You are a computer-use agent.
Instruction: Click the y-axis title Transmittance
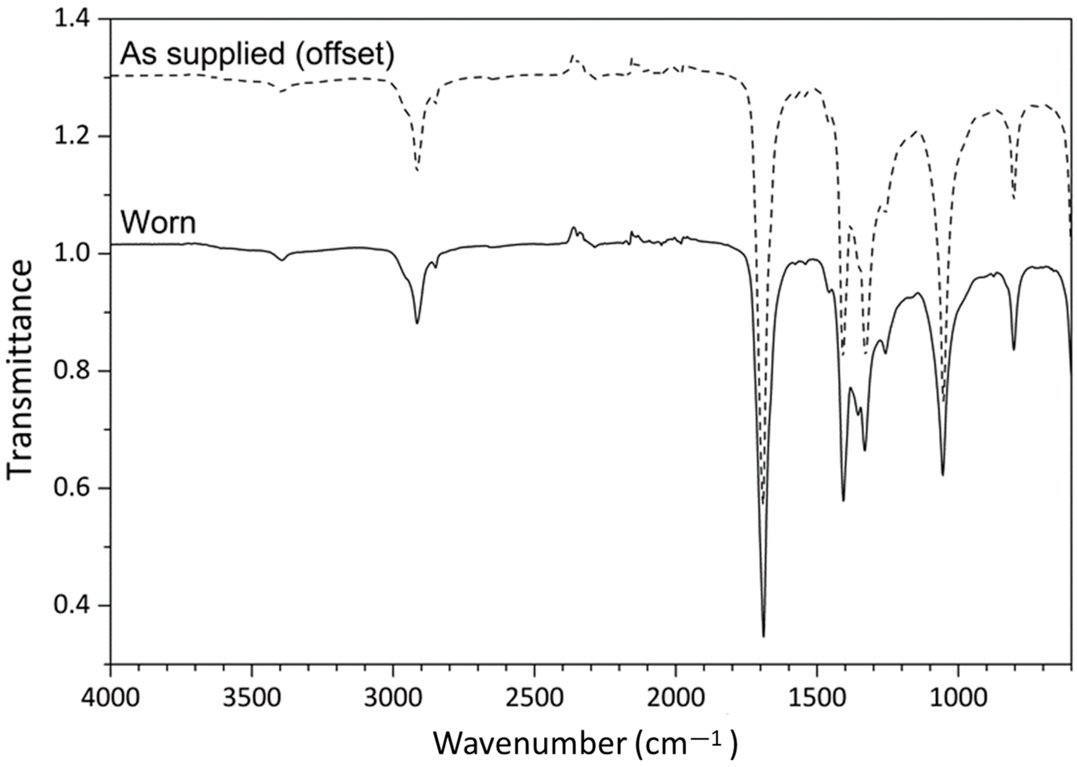click(x=20, y=371)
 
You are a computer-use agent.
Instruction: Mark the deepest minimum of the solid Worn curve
click(x=763, y=636)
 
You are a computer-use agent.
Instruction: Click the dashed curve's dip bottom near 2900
click(x=417, y=170)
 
